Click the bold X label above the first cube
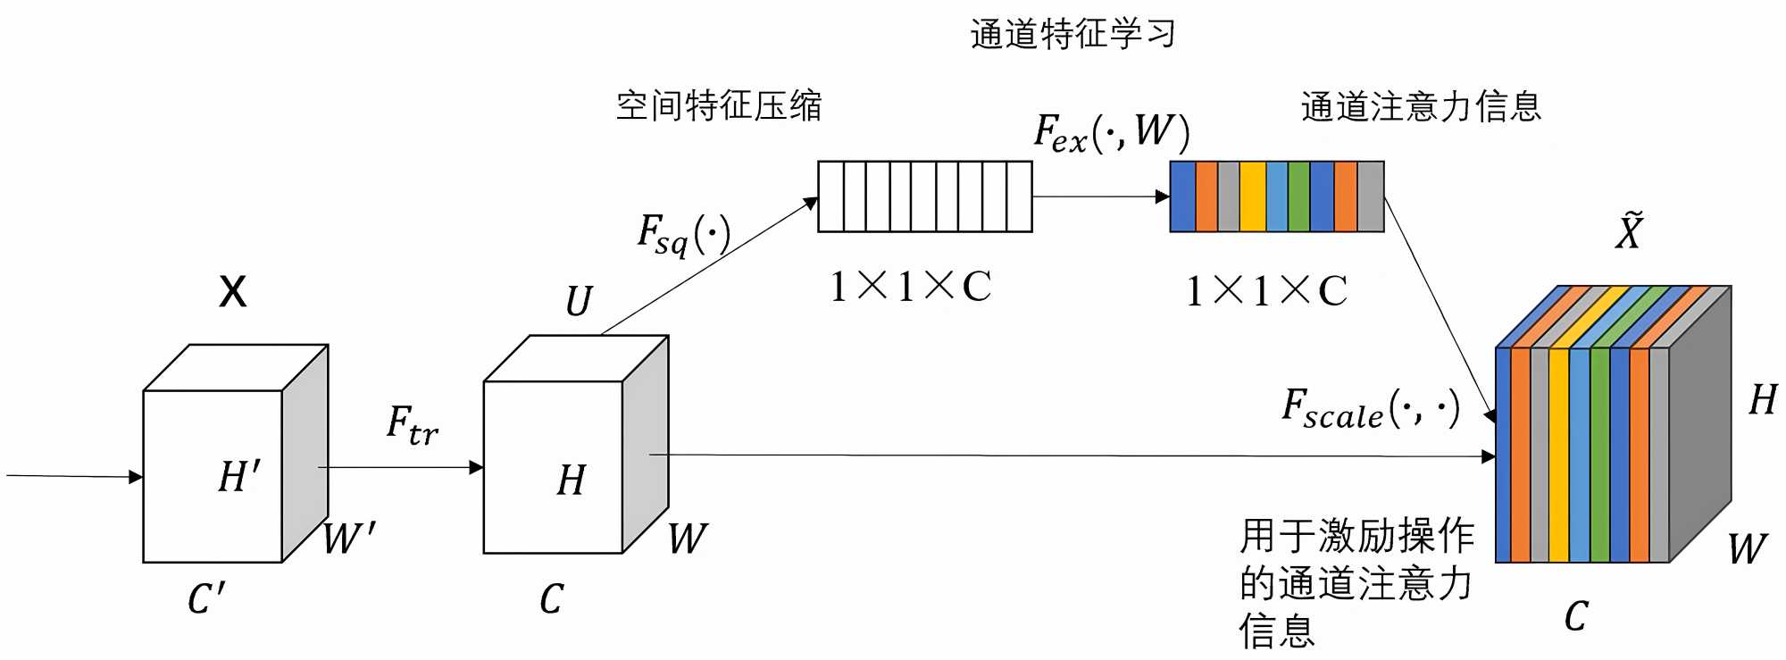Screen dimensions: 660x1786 click(233, 291)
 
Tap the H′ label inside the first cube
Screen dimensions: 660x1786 click(239, 476)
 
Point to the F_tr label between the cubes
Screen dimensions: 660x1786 click(412, 424)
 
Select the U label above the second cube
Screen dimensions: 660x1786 click(579, 301)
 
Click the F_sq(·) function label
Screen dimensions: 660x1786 click(683, 234)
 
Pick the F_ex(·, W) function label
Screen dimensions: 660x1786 click(1111, 132)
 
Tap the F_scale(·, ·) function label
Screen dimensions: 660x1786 click(1370, 409)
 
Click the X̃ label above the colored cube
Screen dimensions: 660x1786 click(1629, 231)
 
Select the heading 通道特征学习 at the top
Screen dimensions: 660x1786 click(1072, 34)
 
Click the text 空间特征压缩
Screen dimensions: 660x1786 click(719, 106)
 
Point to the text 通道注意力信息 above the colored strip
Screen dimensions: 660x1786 click(1421, 106)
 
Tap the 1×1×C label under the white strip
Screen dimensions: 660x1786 click(910, 287)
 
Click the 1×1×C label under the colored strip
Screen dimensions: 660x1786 click(1266, 291)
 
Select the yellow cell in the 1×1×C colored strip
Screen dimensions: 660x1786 click(1252, 196)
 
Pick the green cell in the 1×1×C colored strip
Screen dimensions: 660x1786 click(1298, 196)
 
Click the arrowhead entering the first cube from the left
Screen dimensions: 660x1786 click(137, 477)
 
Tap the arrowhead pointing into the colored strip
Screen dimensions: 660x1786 click(1163, 196)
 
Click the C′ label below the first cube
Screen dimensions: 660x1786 click(206, 598)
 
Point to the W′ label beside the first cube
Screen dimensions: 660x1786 click(348, 539)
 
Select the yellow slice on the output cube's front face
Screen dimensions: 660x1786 click(1558, 455)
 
